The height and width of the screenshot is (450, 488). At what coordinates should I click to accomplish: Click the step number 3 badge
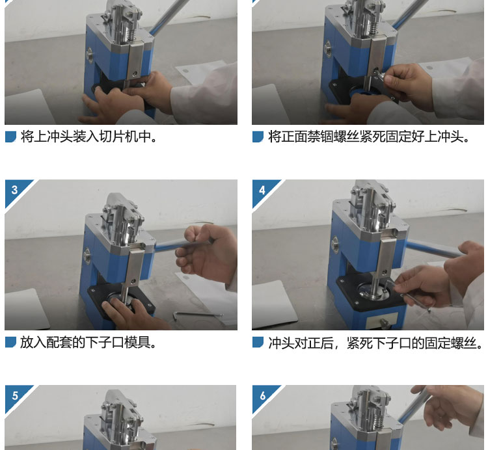click(x=14, y=190)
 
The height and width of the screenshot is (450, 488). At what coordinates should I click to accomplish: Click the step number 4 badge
click(x=262, y=190)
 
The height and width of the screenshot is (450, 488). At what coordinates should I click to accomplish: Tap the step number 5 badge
click(x=15, y=395)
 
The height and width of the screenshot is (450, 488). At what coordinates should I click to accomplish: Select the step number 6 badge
click(x=263, y=395)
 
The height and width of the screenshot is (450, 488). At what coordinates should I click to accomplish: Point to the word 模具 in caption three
click(x=137, y=343)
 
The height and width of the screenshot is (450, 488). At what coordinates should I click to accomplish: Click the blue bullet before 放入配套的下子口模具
click(x=10, y=342)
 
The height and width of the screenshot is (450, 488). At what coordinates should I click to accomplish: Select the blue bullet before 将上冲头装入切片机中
click(x=10, y=137)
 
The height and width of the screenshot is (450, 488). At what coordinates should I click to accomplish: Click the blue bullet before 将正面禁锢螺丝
click(x=258, y=137)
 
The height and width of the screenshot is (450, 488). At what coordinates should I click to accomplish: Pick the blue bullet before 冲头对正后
click(x=258, y=342)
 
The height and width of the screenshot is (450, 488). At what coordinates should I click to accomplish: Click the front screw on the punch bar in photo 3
click(x=134, y=281)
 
